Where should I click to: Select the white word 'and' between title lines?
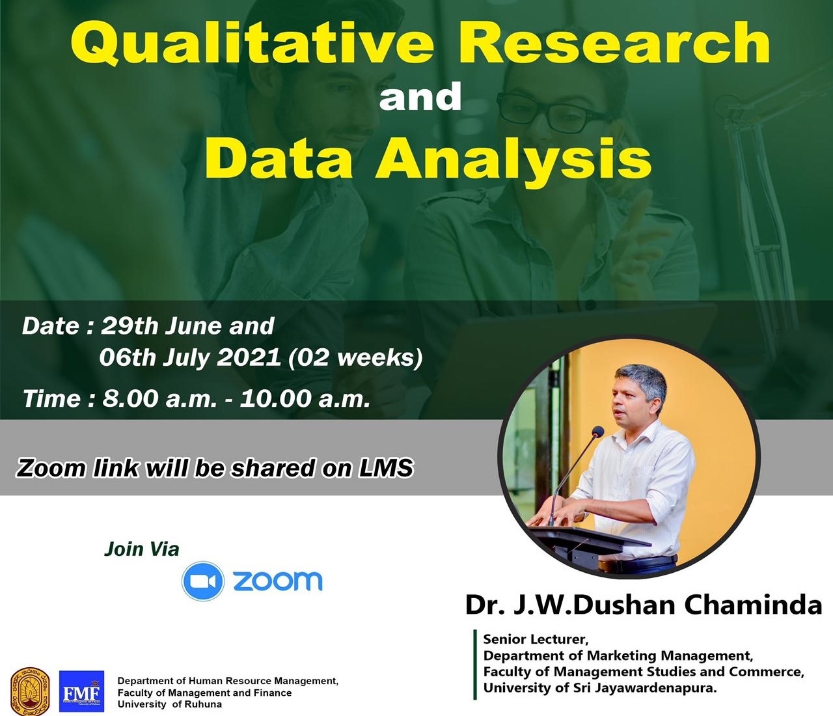pos(420,97)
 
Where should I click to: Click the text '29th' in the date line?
pos(129,326)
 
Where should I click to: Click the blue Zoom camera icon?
pos(202,581)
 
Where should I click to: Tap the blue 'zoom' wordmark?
pos(278,581)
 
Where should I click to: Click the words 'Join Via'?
pos(141,549)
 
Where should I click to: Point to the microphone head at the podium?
pos(597,432)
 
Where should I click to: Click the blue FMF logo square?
pos(81,691)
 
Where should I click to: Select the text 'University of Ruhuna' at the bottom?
pos(170,704)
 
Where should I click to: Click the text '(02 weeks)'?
pos(356,357)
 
